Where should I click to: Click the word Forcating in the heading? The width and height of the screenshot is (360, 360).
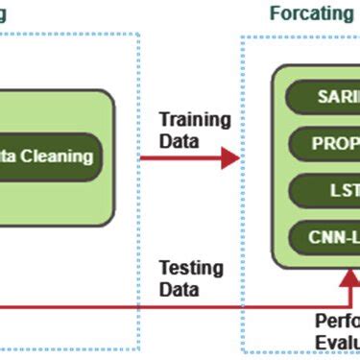pos(311,13)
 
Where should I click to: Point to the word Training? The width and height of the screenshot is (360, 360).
pos(195,121)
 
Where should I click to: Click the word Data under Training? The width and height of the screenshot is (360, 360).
pos(180,141)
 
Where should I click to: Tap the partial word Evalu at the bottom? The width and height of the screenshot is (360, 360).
pos(337,345)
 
